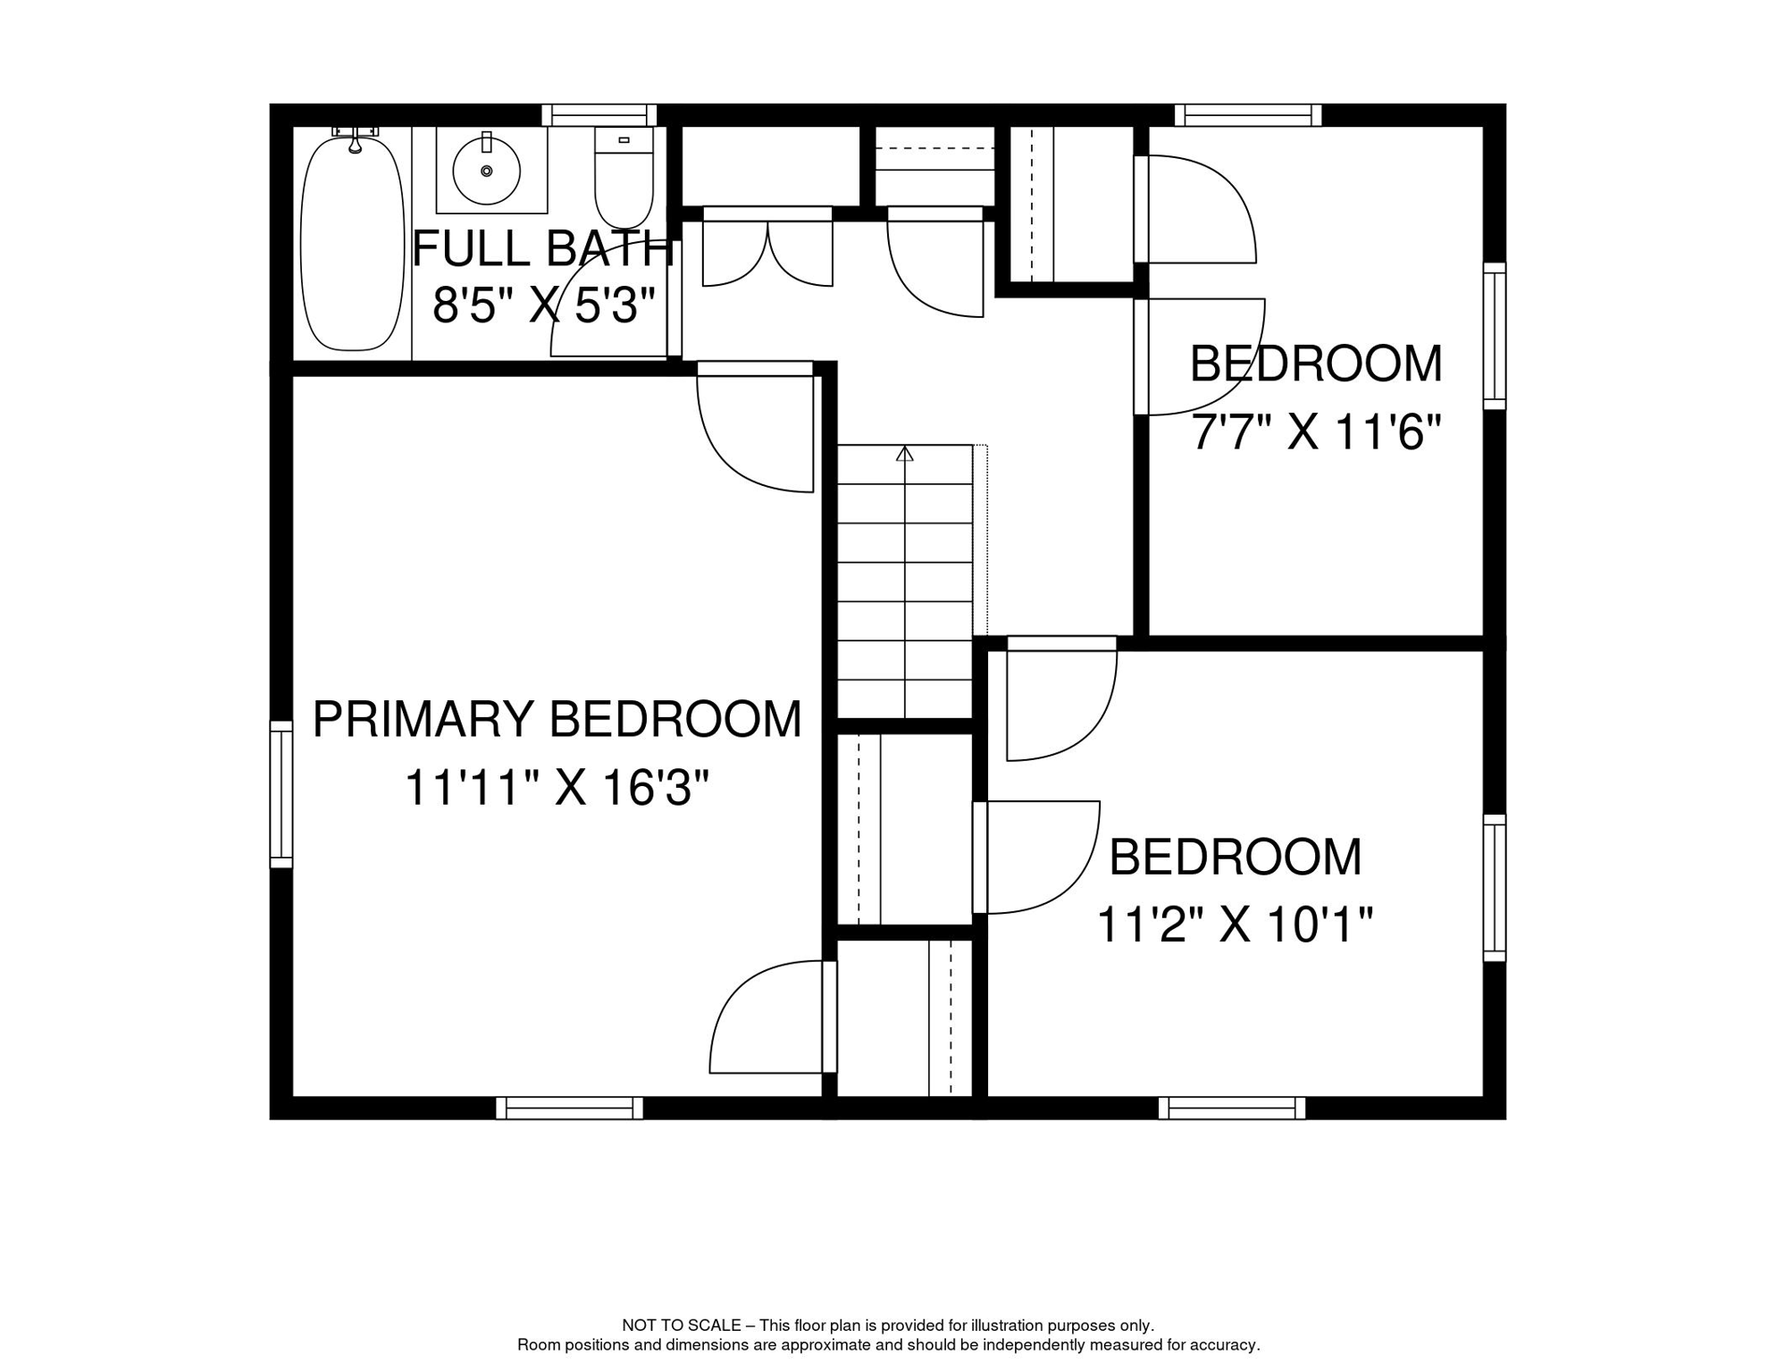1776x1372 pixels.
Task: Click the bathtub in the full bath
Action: (352, 243)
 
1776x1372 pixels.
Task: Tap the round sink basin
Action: (487, 171)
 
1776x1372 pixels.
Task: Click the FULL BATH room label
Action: (542, 248)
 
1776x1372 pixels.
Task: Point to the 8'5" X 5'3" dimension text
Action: (545, 305)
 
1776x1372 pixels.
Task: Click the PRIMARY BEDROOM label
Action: (557, 719)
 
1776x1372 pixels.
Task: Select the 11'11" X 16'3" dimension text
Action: (557, 788)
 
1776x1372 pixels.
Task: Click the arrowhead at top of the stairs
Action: (905, 453)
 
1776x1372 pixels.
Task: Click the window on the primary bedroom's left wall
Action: (281, 794)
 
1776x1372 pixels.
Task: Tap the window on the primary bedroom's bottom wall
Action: (569, 1108)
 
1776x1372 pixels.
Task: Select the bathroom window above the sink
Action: (599, 115)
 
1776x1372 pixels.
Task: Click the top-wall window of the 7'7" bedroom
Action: (1248, 115)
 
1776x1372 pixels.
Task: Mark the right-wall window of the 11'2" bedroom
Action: (1495, 888)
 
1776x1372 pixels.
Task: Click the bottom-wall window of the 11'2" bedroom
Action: (1232, 1108)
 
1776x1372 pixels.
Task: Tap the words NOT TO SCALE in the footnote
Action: (682, 1326)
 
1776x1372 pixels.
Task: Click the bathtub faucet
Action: (355, 138)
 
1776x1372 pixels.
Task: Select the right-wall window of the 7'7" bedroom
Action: (1495, 336)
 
